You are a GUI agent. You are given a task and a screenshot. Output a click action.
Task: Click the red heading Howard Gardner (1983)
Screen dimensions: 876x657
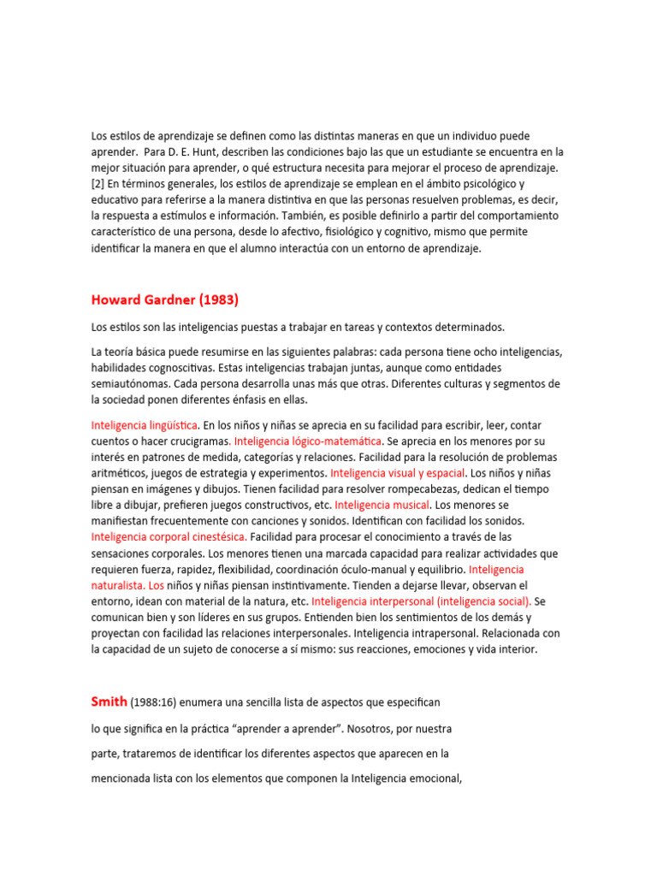pyautogui.click(x=164, y=299)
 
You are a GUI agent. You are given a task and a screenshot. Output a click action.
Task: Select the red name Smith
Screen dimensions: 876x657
pyautogui.click(x=109, y=701)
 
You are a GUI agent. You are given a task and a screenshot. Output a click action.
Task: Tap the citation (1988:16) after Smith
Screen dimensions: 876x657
pyautogui.click(x=155, y=702)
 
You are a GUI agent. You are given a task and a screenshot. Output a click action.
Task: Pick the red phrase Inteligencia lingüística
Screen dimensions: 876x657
pyautogui.click(x=145, y=425)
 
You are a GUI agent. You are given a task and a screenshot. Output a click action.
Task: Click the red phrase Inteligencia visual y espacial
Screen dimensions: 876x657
pyautogui.click(x=398, y=473)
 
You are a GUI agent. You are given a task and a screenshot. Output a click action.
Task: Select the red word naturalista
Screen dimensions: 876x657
pyautogui.click(x=117, y=586)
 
